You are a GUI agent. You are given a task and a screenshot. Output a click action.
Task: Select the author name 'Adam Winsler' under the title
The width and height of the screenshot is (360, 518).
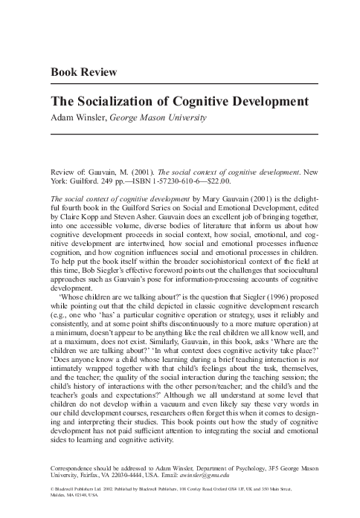coord(77,117)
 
